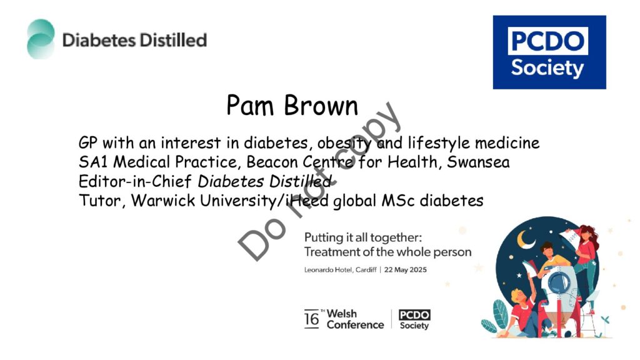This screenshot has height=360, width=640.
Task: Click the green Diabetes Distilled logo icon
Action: (41, 39)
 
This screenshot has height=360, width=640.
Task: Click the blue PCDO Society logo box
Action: (549, 52)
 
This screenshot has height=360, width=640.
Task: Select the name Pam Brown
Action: (292, 105)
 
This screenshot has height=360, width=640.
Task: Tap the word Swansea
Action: (478, 162)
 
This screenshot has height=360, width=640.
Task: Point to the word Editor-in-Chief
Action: (135, 181)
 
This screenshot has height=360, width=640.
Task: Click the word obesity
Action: (344, 143)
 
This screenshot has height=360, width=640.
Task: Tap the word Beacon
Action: (272, 162)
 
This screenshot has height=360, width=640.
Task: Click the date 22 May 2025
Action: (405, 270)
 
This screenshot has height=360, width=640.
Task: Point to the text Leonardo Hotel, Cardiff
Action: (341, 270)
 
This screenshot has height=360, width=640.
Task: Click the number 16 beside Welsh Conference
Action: (311, 318)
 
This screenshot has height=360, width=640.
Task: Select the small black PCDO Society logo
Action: (414, 319)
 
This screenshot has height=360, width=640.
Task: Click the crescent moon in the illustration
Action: (525, 239)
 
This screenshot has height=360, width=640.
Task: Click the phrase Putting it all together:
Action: (363, 237)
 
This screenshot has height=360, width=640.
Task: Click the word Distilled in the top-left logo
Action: (173, 40)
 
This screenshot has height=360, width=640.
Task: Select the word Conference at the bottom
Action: (355, 325)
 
